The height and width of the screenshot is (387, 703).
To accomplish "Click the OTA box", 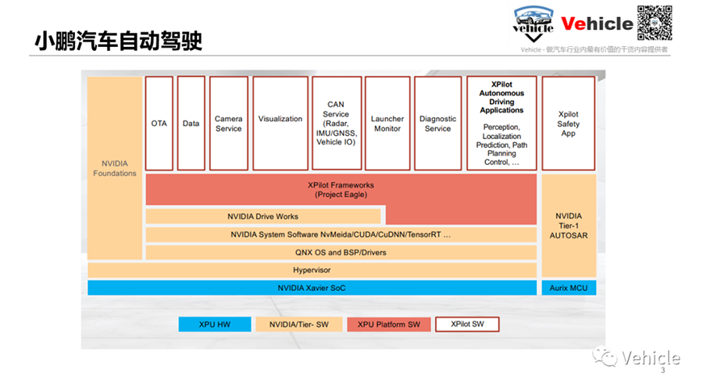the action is coord(159,123).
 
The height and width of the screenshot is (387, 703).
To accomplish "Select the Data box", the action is coord(191,123).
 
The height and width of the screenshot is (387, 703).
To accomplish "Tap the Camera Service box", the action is coord(229,123).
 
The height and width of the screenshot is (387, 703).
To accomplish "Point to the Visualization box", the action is coord(280,123).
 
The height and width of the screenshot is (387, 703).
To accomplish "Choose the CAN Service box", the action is coord(336,123).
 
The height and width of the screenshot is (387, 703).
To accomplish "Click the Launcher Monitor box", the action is coord(387,123).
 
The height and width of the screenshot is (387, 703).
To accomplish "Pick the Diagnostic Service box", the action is coord(437,123).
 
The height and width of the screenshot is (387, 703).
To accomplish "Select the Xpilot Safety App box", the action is coord(569,123).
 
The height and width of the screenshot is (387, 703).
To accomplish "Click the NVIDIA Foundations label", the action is coord(115,168).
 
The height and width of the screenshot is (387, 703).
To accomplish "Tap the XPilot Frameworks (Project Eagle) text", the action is coord(341,189).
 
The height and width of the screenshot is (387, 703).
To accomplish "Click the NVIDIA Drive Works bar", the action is coord(263,217).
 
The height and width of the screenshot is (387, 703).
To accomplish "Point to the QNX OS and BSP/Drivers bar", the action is coord(341,253).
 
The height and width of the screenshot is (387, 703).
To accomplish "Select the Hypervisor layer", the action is coord(312,271).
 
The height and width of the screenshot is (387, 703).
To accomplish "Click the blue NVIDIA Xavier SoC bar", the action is coord(312,288).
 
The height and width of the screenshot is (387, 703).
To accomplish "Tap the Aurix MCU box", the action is coord(569,288).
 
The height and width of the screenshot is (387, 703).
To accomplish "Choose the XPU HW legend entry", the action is coord(215,324).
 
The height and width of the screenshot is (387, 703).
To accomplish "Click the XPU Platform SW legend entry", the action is coord(389,324).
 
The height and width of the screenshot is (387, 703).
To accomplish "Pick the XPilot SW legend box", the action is coord(467,324).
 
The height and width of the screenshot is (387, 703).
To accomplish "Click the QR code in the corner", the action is coord(655,23).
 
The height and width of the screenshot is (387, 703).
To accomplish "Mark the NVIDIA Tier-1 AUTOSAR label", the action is coord(569,226).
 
